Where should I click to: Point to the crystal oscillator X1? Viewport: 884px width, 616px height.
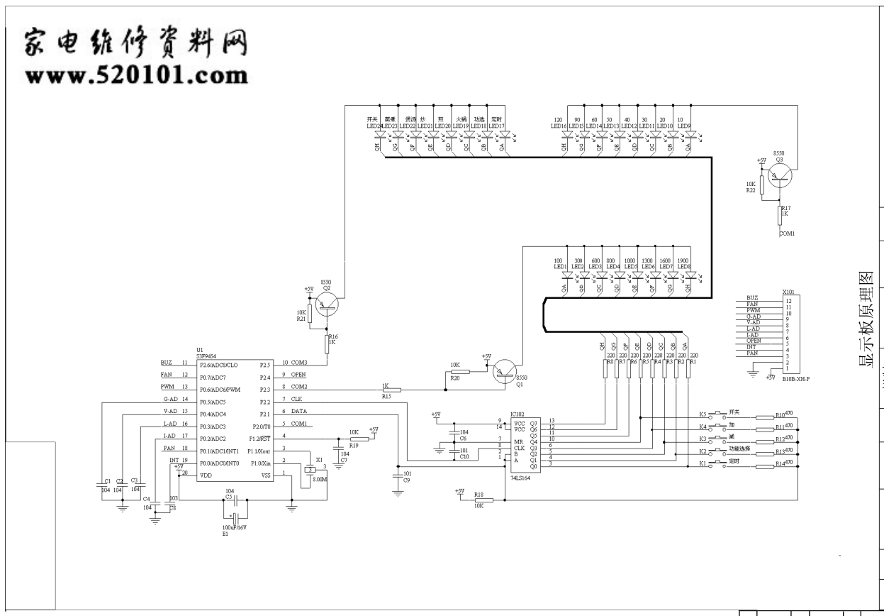coord(310,471)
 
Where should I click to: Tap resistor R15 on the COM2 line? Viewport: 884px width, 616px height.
coord(391,390)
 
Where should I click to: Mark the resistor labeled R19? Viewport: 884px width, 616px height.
coord(359,440)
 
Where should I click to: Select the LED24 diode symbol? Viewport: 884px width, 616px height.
coord(380,133)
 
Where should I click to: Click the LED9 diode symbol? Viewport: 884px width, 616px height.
coord(686,133)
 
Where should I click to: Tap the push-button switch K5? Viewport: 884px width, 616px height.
coord(719,414)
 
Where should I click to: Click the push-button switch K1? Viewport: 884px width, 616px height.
coord(719,463)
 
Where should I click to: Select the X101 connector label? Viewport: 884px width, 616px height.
coord(788,292)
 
